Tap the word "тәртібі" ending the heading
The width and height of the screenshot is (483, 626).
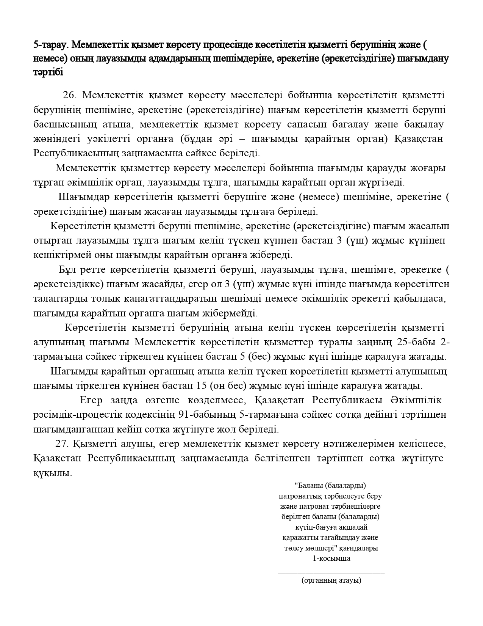48,72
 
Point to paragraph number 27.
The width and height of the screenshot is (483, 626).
63,444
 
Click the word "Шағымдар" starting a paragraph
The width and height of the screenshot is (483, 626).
77,197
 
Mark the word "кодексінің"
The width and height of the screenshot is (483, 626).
152,415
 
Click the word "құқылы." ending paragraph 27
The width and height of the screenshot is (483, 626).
53,473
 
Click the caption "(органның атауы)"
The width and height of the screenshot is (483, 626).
331,580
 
